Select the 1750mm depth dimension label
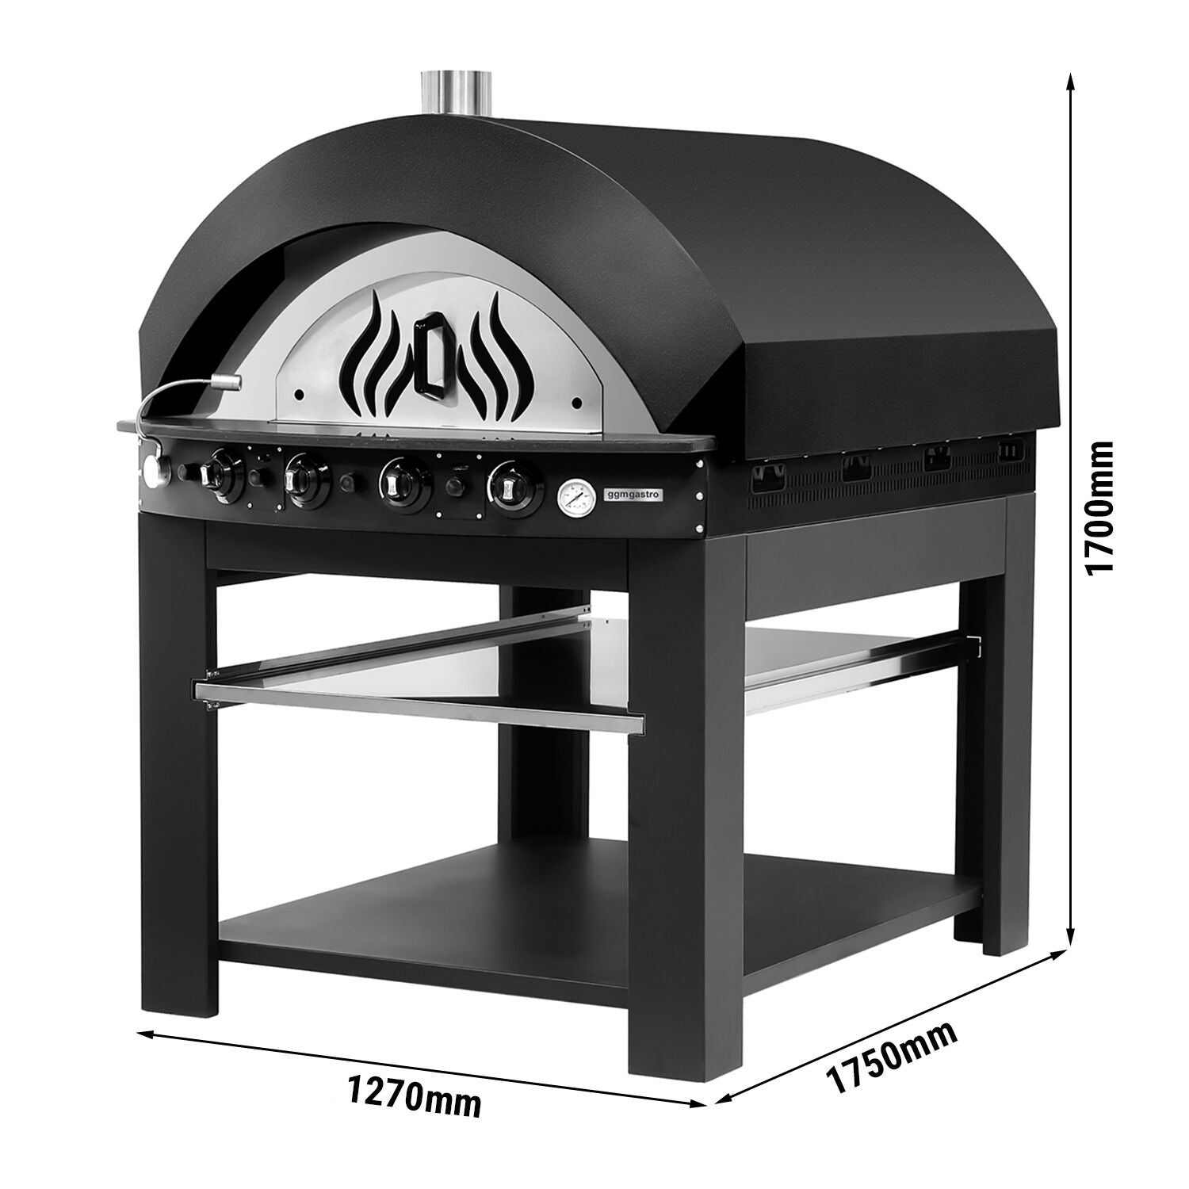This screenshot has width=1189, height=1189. click(x=892, y=1057)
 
